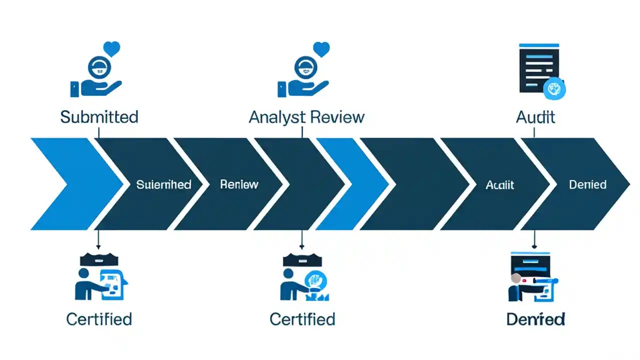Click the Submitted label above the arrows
coord(99,117)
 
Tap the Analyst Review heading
coord(306,117)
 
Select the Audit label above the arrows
coord(535,117)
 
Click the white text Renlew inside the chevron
coord(239,184)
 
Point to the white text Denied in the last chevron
coord(587,184)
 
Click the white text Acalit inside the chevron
coord(499,184)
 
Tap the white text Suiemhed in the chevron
coord(163,184)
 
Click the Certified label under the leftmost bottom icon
coord(99,318)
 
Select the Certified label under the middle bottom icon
coord(302,318)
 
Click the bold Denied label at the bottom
coord(535,318)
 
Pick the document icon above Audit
coord(537,67)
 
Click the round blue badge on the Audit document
coord(554,89)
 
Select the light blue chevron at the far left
coord(70,184)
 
